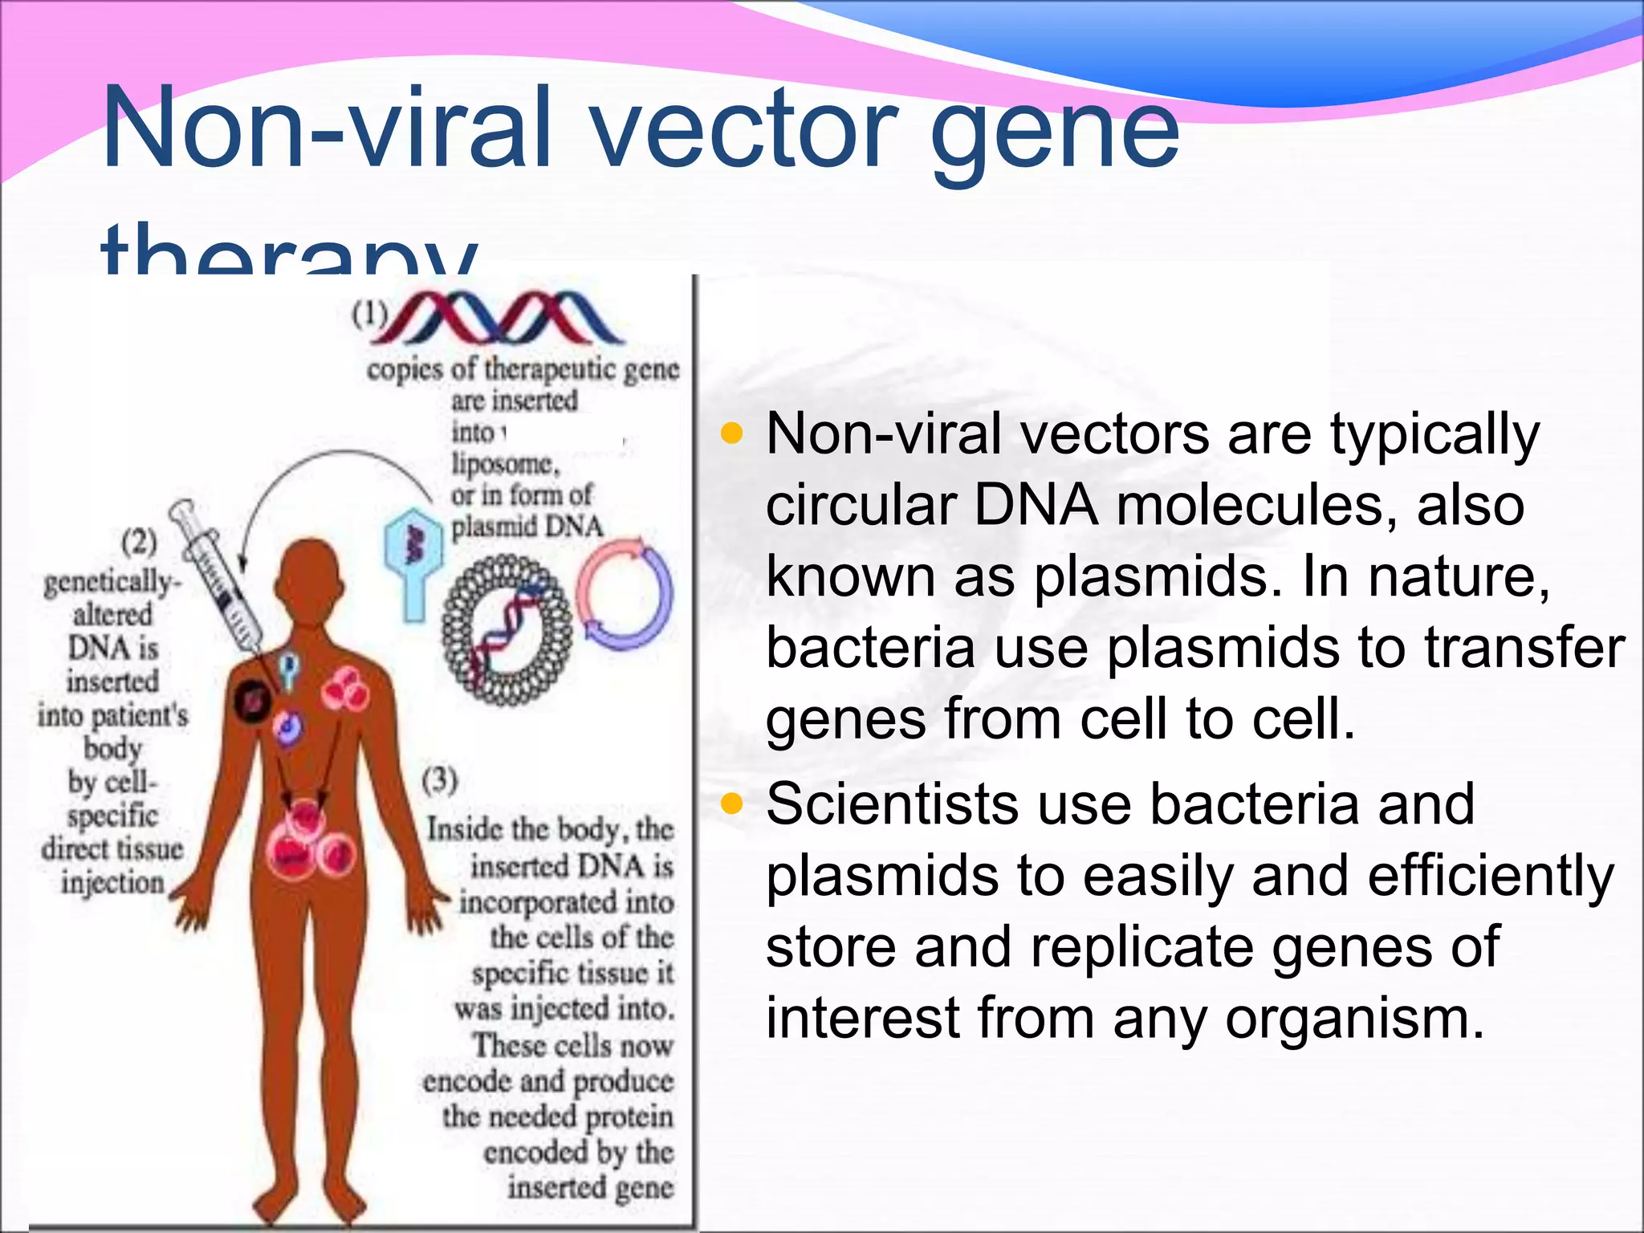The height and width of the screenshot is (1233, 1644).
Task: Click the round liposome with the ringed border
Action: tap(507, 630)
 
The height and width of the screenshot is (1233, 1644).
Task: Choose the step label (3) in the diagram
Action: tap(440, 779)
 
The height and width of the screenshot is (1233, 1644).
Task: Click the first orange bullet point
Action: tap(731, 434)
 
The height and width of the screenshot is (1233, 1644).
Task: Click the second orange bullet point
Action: tap(731, 803)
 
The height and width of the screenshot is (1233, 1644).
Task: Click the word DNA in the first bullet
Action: tap(1036, 506)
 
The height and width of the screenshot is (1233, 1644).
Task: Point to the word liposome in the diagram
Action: tap(503, 463)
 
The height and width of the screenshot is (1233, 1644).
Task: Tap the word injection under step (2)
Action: tap(112, 882)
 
